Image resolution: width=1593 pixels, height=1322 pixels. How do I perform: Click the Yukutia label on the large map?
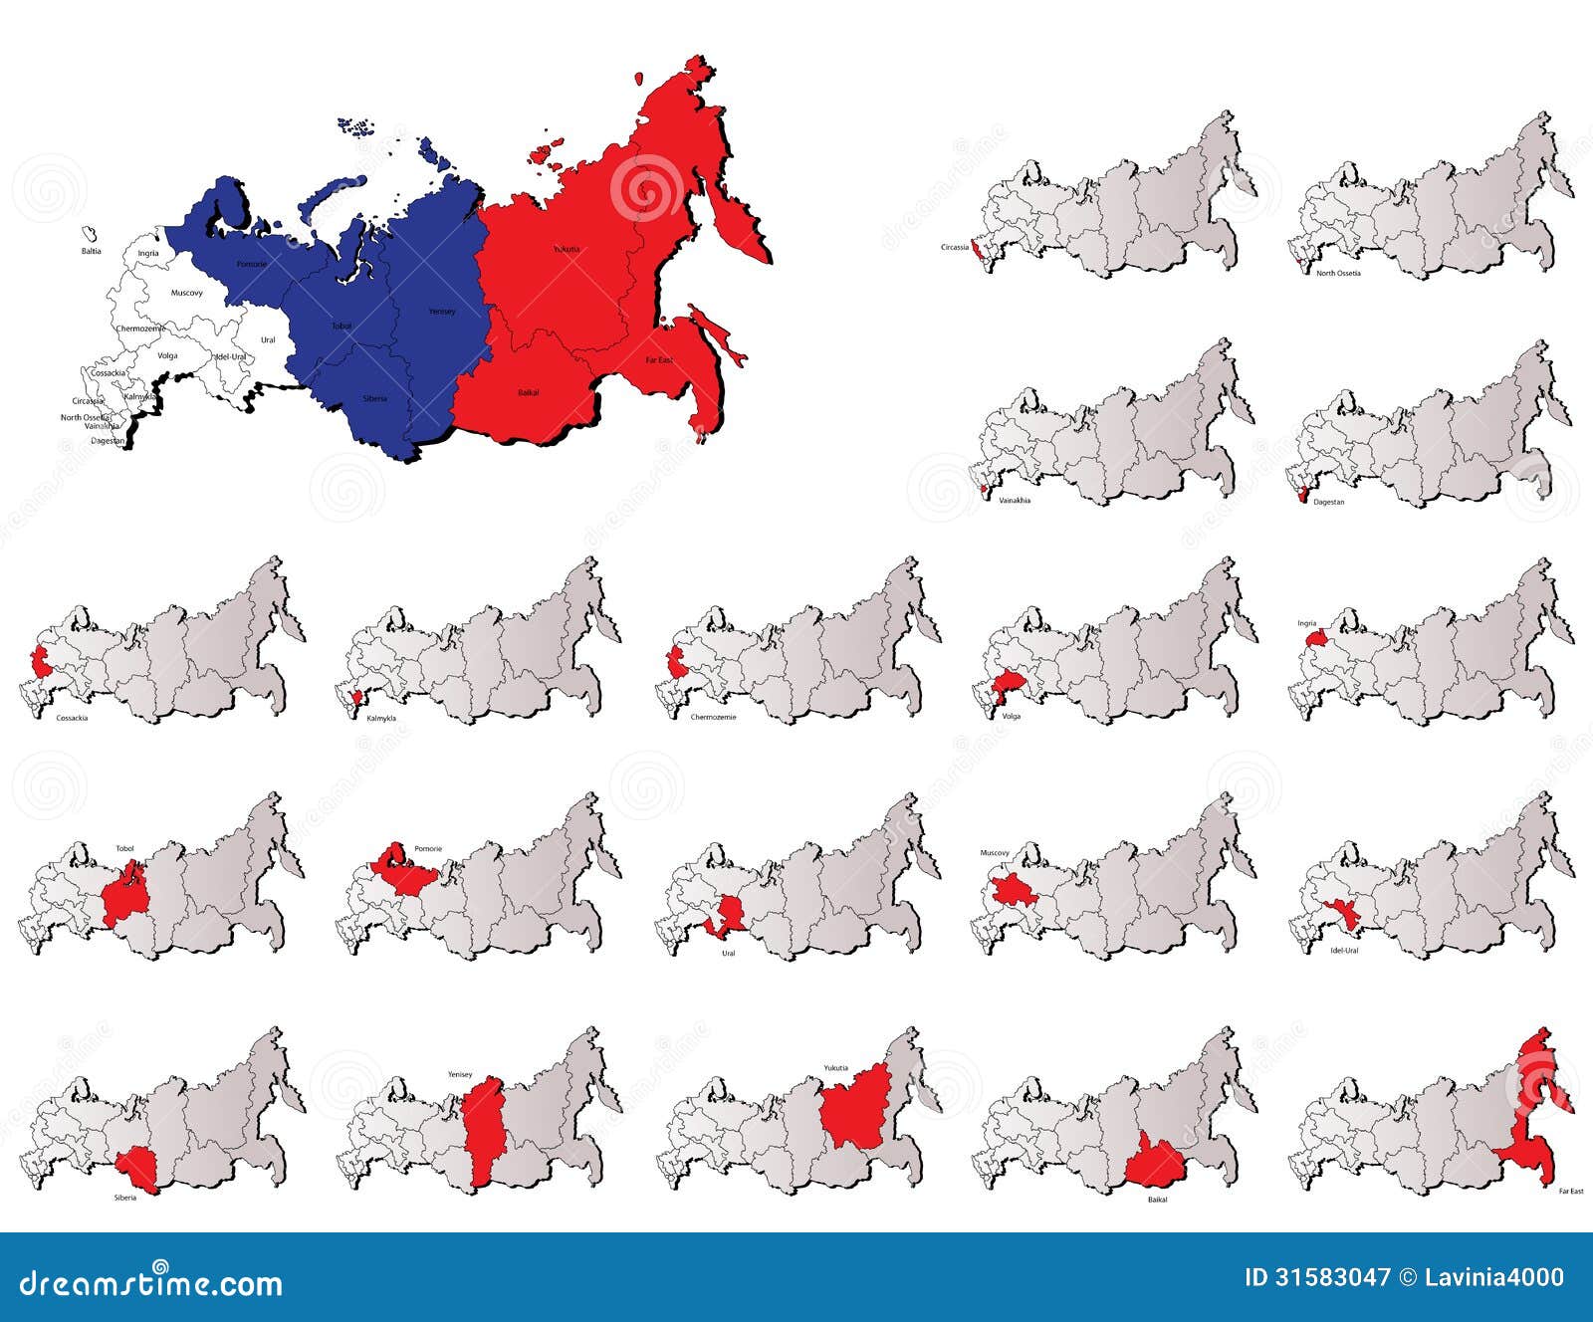pyautogui.click(x=567, y=249)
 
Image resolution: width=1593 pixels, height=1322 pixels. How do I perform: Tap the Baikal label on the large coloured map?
pyautogui.click(x=528, y=392)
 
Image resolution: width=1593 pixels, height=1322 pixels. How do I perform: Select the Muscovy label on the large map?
pyautogui.click(x=186, y=293)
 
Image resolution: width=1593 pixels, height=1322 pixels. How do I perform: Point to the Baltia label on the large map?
pyautogui.click(x=91, y=251)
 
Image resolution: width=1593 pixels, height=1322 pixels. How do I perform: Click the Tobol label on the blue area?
pyautogui.click(x=341, y=326)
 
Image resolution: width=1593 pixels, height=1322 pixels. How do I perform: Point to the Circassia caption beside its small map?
pyautogui.click(x=954, y=247)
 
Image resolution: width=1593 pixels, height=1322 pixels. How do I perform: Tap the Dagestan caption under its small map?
pyautogui.click(x=1328, y=502)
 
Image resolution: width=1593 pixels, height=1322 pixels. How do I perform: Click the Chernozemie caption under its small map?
pyautogui.click(x=713, y=717)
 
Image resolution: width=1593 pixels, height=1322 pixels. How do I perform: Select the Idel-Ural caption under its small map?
pyautogui.click(x=1344, y=951)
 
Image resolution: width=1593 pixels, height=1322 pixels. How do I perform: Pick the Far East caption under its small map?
pyautogui.click(x=1570, y=1191)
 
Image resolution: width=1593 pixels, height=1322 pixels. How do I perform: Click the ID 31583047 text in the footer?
pyautogui.click(x=1316, y=1277)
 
